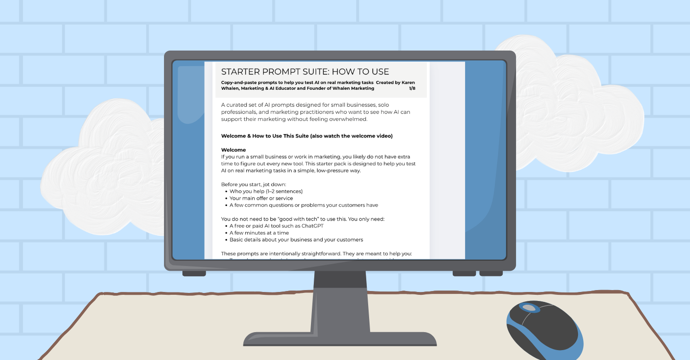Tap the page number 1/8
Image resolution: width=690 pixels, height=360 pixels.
(x=412, y=88)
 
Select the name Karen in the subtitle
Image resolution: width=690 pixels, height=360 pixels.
(x=405, y=82)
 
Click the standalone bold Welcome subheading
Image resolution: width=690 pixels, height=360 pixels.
(x=233, y=150)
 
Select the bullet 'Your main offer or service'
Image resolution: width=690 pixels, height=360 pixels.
(x=261, y=198)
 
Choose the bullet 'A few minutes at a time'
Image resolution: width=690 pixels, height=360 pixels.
(x=259, y=233)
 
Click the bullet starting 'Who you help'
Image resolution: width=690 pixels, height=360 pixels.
(x=266, y=191)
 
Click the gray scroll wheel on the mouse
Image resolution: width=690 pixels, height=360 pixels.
(x=530, y=308)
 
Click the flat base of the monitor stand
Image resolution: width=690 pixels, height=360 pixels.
(x=339, y=339)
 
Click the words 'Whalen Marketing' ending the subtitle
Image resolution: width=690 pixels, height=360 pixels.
(x=352, y=88)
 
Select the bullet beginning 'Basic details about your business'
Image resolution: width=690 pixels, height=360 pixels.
(x=296, y=240)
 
